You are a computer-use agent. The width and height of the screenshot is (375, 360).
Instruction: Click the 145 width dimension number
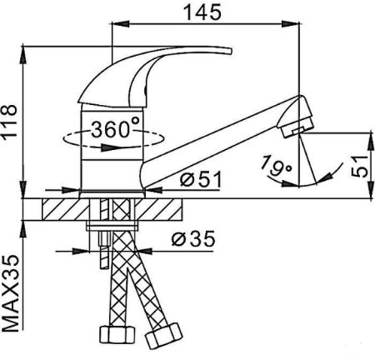203,12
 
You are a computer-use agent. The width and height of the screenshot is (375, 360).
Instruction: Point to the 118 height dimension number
10,121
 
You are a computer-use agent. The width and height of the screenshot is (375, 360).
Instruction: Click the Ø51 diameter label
201,179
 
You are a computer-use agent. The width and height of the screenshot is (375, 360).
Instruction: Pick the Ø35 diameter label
193,238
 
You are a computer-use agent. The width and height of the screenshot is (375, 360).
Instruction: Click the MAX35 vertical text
11,293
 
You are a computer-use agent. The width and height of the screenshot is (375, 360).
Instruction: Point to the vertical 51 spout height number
360,167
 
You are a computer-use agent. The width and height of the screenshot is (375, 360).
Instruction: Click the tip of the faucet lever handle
229,52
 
